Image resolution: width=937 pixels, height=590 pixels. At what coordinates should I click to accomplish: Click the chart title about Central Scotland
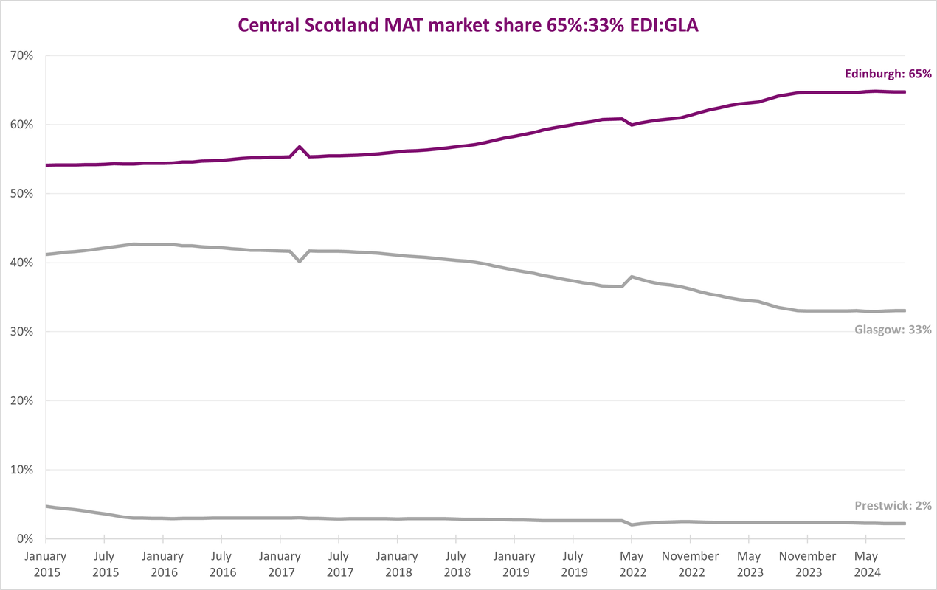(468, 24)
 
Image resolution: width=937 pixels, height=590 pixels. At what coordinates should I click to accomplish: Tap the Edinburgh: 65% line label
(888, 74)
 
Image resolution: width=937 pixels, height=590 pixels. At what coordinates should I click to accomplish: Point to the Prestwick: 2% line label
(893, 506)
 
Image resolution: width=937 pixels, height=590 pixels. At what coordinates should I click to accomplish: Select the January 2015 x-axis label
(46, 563)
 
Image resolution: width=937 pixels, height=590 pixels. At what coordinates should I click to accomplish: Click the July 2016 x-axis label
(221, 563)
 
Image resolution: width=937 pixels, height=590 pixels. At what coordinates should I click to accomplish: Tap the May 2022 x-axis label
(632, 563)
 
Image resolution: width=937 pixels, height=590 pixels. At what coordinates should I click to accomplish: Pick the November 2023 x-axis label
(808, 563)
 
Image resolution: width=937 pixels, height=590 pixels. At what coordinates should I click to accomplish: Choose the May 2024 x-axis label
(867, 563)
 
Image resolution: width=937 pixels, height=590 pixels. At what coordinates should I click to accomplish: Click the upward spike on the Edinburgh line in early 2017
(300, 147)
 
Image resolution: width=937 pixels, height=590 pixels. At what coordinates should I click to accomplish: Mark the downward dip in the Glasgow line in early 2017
(300, 261)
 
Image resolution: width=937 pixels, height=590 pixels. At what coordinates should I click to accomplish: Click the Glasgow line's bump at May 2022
(632, 277)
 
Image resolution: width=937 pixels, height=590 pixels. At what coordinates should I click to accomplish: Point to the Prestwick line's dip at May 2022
(632, 524)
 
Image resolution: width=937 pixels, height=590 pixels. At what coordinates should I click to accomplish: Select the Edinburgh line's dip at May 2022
(632, 125)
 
